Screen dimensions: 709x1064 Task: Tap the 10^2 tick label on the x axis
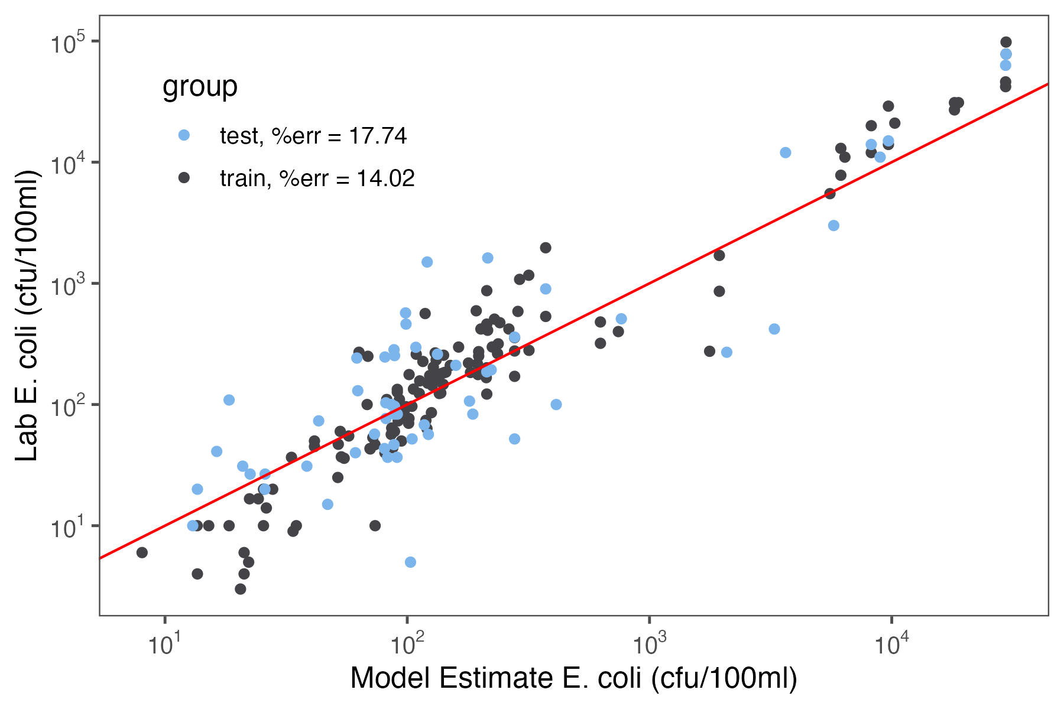pos(407,645)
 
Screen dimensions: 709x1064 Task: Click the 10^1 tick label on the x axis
pos(164,645)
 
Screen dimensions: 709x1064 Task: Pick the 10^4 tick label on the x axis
pos(891,645)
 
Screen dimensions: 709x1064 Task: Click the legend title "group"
pos(200,86)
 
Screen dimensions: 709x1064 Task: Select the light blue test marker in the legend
pos(184,135)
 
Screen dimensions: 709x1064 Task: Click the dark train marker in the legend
pos(184,177)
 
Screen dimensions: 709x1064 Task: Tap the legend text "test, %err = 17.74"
pos(313,136)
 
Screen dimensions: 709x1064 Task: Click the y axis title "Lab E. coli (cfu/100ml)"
pos(27,316)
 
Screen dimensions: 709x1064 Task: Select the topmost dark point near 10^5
pos(1005,42)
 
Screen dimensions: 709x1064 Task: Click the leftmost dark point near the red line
pos(142,552)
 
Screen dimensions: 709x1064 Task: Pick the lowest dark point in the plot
pos(240,589)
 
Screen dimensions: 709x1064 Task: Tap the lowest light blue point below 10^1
pos(410,562)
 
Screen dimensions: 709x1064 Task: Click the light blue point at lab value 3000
pos(833,225)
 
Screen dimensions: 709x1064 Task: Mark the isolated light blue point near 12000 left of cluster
pos(785,152)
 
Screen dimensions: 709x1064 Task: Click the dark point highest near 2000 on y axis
pos(546,248)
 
